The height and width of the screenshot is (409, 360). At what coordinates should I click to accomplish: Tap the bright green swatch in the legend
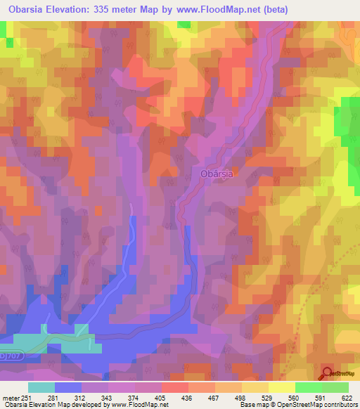(308, 387)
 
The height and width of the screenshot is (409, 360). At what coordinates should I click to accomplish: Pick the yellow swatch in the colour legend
(281, 387)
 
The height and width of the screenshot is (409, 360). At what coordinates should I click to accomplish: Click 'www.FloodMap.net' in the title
(212, 9)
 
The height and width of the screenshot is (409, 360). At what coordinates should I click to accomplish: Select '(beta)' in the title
(273, 9)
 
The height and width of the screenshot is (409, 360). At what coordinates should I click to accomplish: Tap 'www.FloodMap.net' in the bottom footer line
(133, 405)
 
